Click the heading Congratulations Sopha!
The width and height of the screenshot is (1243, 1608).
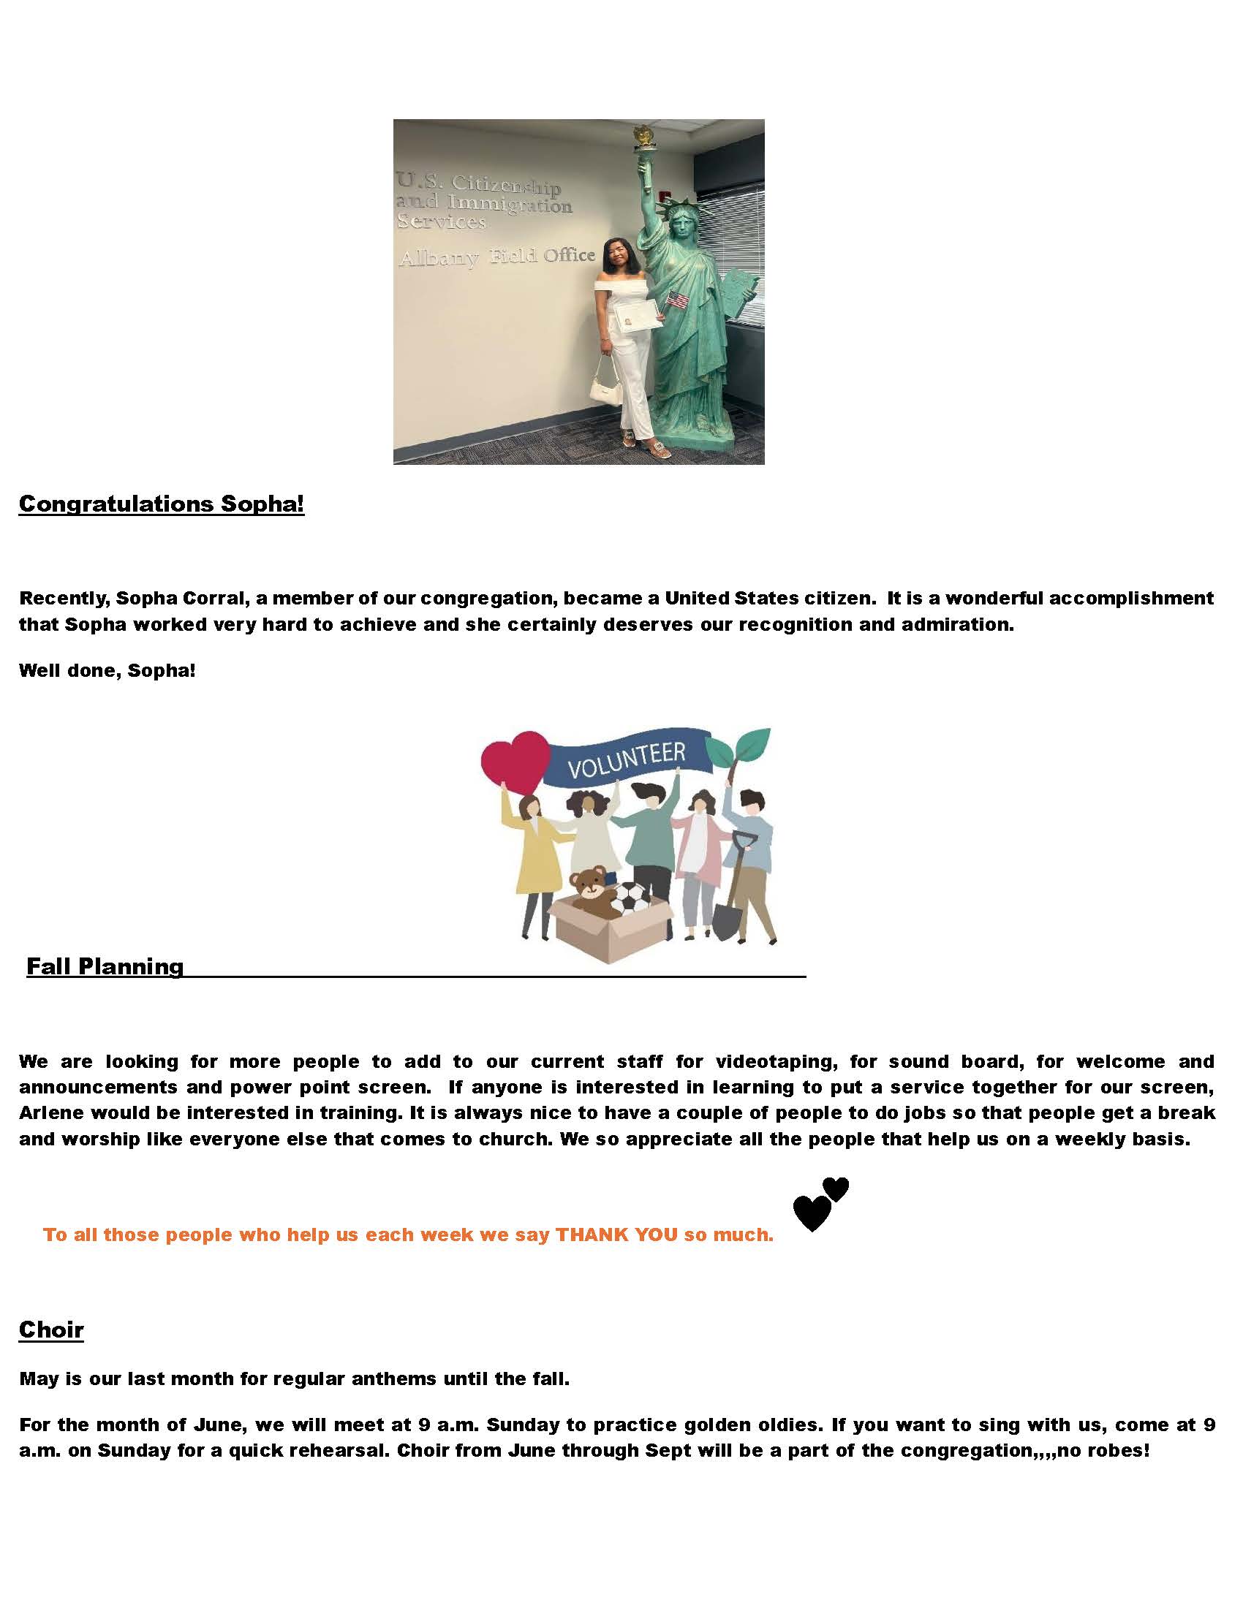[x=162, y=504]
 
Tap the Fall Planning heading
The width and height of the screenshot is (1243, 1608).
[x=105, y=966]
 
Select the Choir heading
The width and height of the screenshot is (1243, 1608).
[x=50, y=1329]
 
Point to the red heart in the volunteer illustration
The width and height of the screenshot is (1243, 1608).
[x=515, y=763]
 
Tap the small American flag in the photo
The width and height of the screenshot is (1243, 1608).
[x=678, y=300]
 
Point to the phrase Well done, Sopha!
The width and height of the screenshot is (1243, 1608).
[x=107, y=671]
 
